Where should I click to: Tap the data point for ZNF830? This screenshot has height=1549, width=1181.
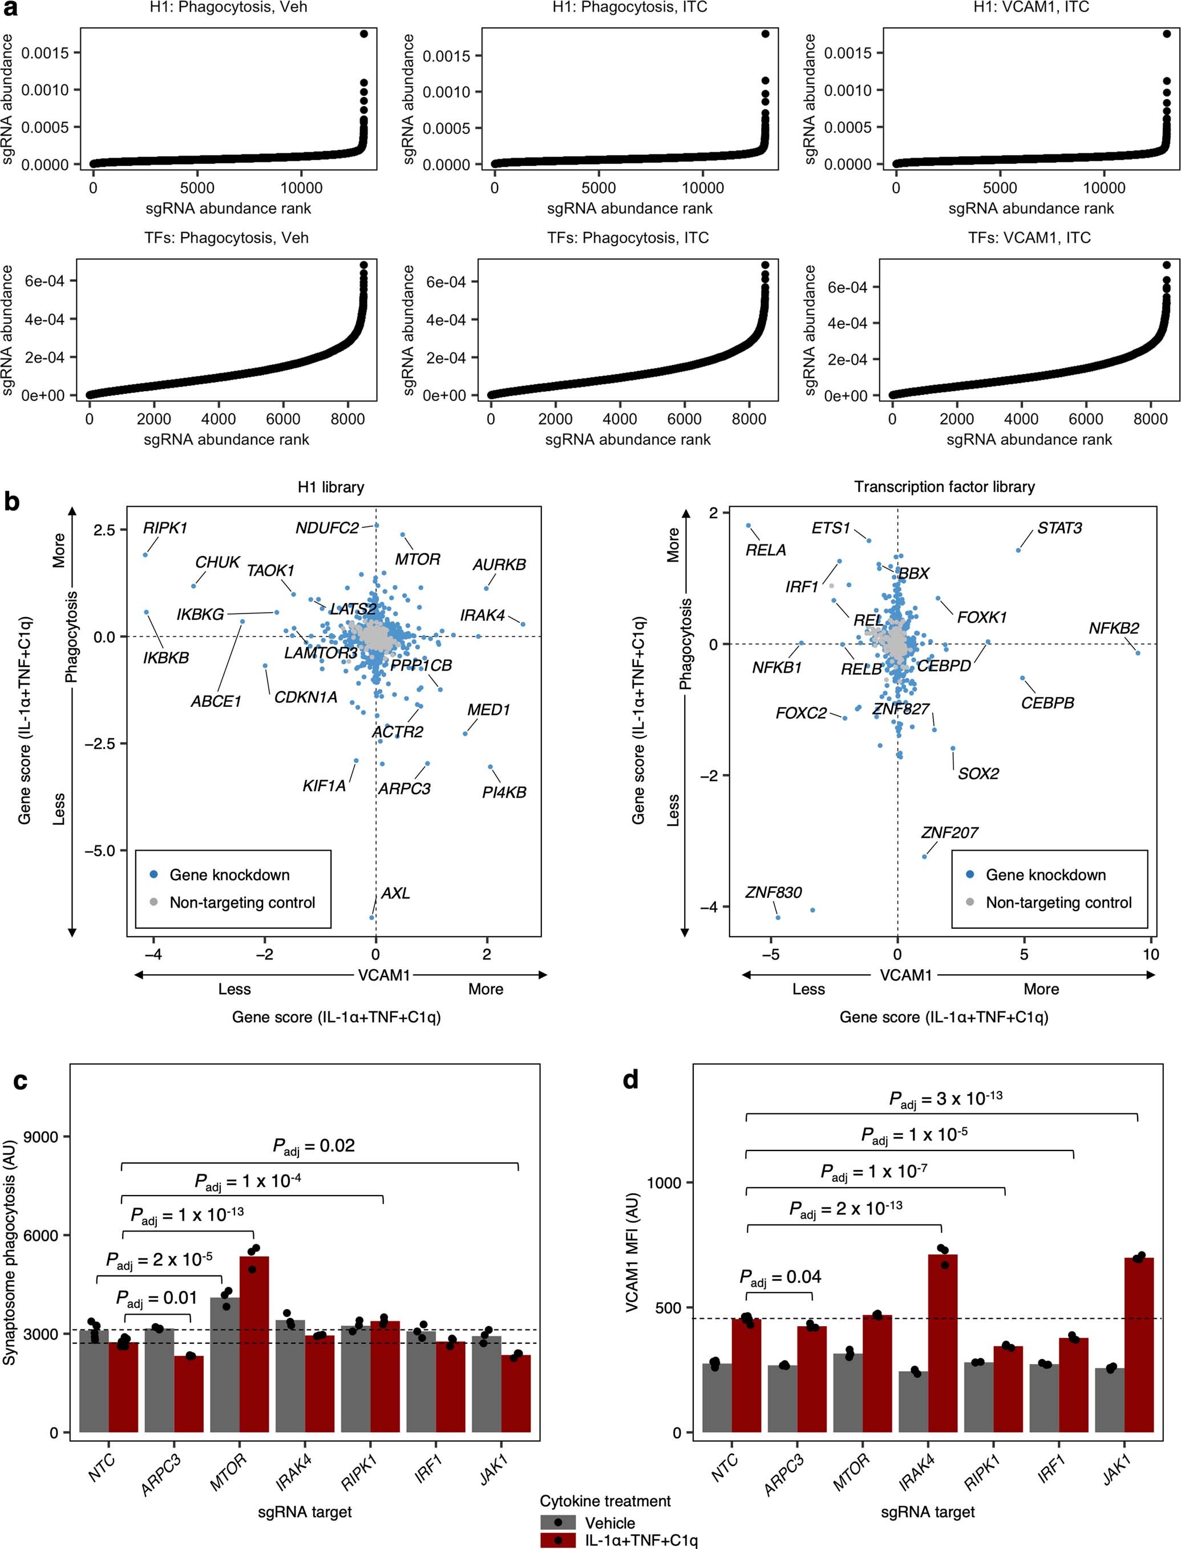[x=777, y=917]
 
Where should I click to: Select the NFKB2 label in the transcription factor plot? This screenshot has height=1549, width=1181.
[x=1114, y=628]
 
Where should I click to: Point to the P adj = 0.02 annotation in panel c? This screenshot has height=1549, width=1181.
[x=314, y=1146]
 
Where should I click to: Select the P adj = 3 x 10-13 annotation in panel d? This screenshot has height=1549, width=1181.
[x=945, y=1099]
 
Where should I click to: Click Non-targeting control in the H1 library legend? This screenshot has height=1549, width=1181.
[x=242, y=902]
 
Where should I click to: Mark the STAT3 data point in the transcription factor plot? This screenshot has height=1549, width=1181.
[x=1018, y=550]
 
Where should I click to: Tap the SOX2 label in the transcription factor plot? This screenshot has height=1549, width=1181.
[x=978, y=774]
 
